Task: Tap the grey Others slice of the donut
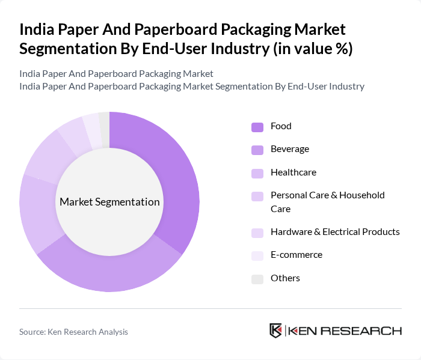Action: coord(105,129)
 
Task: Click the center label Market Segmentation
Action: coord(109,202)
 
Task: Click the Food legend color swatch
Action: coord(257,127)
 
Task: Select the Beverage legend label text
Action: coord(290,149)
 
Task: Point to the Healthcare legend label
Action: coord(293,172)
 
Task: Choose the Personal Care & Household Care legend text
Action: coord(327,202)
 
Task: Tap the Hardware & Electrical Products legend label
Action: coord(335,232)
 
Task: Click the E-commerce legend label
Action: coord(296,255)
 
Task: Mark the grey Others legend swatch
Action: coord(257,279)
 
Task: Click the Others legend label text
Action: coord(285,278)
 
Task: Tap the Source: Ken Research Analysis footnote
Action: coord(73,332)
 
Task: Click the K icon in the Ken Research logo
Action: coord(275,331)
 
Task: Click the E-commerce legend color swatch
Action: coord(257,255)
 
